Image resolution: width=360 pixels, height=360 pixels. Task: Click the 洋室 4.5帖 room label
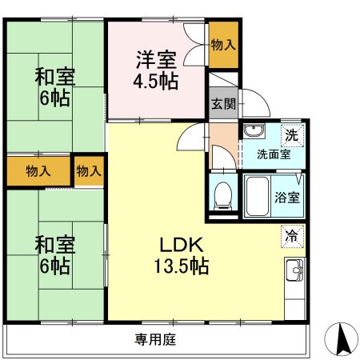[156, 70]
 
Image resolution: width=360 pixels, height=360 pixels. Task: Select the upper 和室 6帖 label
[54, 89]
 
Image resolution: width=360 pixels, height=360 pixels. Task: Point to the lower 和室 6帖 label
[54, 254]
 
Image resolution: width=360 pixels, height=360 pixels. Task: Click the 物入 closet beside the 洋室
[223, 45]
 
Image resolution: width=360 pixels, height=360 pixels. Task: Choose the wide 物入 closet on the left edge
[38, 170]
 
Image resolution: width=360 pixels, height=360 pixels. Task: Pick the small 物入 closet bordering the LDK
[88, 170]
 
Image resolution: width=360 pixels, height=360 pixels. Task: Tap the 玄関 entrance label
[223, 103]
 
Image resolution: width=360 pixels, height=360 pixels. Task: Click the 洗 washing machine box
[293, 134]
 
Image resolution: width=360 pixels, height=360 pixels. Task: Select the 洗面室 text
[272, 154]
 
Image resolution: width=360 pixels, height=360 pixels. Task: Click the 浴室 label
[287, 197]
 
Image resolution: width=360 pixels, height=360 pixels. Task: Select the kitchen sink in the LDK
[294, 272]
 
